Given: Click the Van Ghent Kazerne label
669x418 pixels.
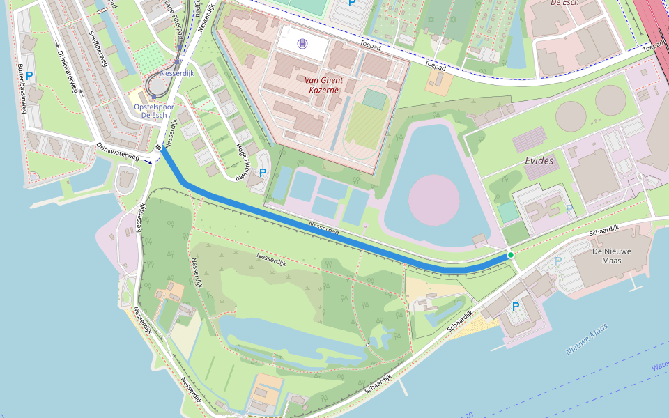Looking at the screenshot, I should pyautogui.click(x=322, y=84).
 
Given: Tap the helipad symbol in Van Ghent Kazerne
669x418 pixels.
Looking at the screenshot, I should pyautogui.click(x=302, y=45).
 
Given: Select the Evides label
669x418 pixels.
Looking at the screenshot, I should pyautogui.click(x=539, y=161).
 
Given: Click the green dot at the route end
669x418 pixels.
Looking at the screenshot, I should pyautogui.click(x=511, y=255).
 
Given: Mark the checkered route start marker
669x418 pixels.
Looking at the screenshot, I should pyautogui.click(x=160, y=147).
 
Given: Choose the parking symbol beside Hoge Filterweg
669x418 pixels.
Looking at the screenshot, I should pyautogui.click(x=263, y=172).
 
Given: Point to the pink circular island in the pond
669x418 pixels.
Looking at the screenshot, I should pyautogui.click(x=433, y=200).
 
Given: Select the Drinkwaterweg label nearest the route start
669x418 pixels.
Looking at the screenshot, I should pyautogui.click(x=118, y=152).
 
